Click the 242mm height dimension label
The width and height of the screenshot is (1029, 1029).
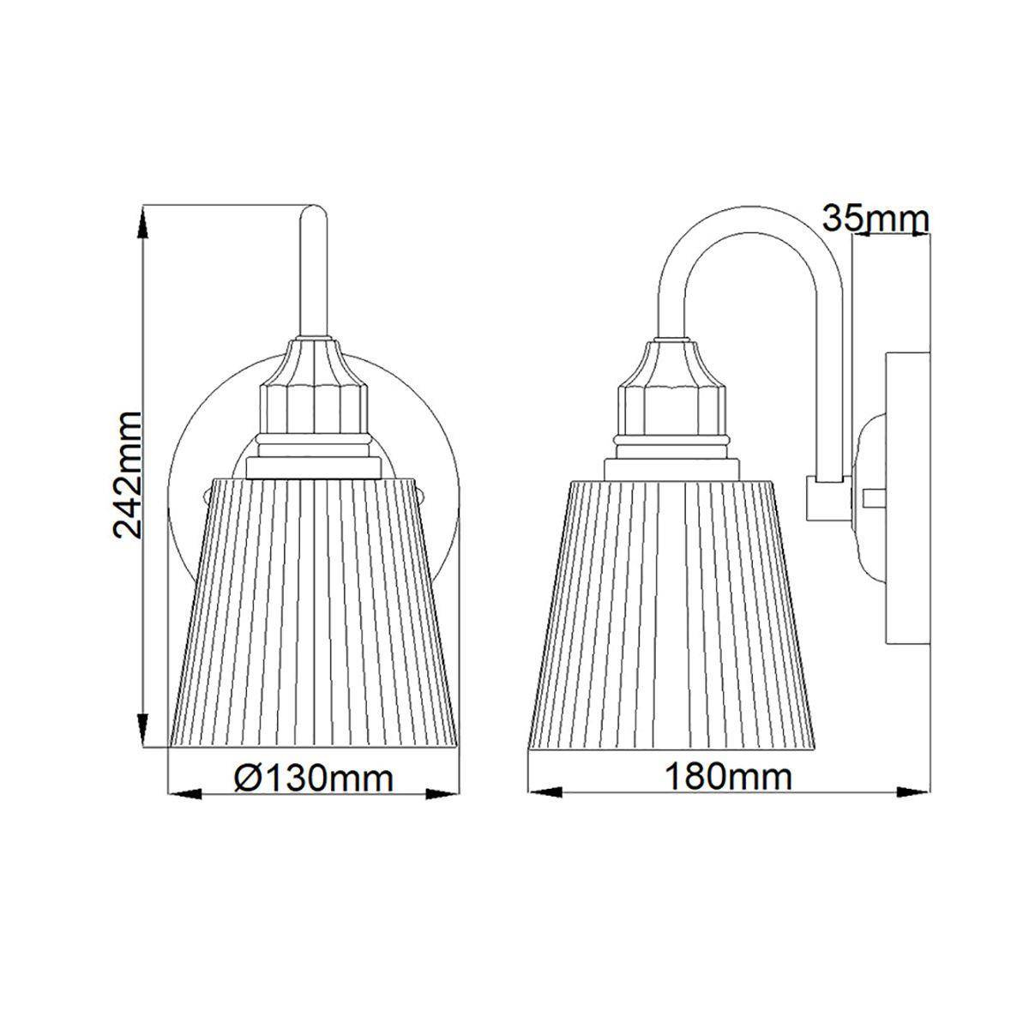(128, 474)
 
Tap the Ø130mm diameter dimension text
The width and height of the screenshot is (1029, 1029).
(314, 779)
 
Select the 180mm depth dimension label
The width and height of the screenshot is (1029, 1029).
(729, 778)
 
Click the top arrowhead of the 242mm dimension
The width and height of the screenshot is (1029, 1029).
(143, 223)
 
